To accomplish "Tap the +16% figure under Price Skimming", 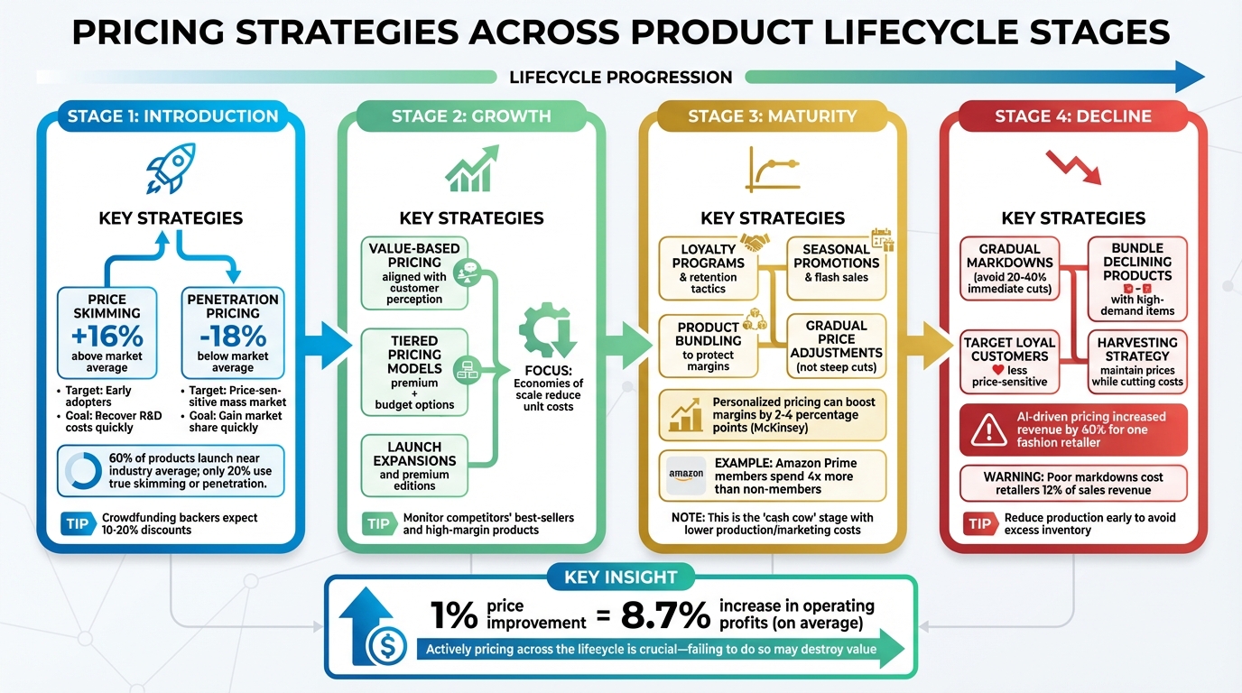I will coord(107,336).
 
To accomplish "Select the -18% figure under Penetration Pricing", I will coord(233,336).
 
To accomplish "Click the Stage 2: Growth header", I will coord(471,116).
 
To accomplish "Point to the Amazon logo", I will coord(686,475).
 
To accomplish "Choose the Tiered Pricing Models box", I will coord(414,373).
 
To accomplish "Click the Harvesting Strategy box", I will coord(1136,362).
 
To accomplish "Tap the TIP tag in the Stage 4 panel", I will coord(978,524).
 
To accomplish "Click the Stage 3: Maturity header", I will coord(772,116).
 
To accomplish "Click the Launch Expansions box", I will coord(414,466).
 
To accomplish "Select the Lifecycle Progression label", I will coord(620,77).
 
